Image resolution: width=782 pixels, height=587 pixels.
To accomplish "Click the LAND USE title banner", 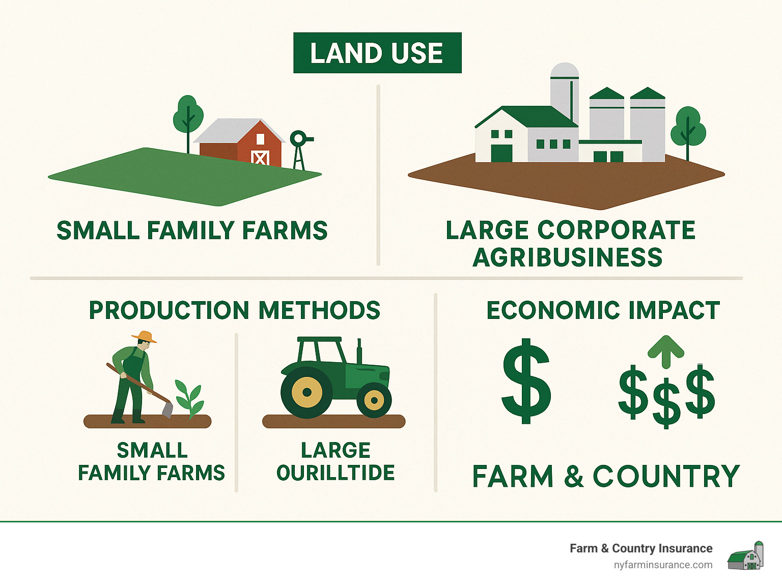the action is (x=377, y=53).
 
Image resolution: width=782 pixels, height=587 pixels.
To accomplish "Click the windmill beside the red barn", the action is (x=300, y=150).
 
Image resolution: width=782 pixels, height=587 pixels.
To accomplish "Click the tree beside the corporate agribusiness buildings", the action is (x=688, y=132).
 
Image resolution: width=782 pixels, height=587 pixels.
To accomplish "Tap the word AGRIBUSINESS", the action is (x=567, y=257).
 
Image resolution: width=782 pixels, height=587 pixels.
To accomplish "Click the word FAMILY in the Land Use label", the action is (x=190, y=230).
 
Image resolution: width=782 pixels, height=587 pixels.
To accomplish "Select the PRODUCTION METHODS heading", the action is (x=234, y=310).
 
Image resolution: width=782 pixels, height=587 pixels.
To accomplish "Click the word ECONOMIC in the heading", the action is (x=554, y=310).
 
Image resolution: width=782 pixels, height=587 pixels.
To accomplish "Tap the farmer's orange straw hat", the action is (x=144, y=336).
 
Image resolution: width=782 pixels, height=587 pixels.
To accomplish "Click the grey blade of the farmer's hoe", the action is (x=167, y=409).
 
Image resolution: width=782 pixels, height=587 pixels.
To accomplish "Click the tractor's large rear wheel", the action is (x=306, y=392).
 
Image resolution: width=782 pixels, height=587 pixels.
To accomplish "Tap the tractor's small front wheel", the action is (x=374, y=400).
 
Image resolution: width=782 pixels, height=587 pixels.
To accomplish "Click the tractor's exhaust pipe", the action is (x=359, y=351).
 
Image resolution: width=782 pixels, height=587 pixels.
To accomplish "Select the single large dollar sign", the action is (x=526, y=381).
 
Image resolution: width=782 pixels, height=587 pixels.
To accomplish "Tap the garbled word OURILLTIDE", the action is (x=335, y=473).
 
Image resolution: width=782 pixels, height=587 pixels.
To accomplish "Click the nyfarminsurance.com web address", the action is (x=663, y=565).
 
